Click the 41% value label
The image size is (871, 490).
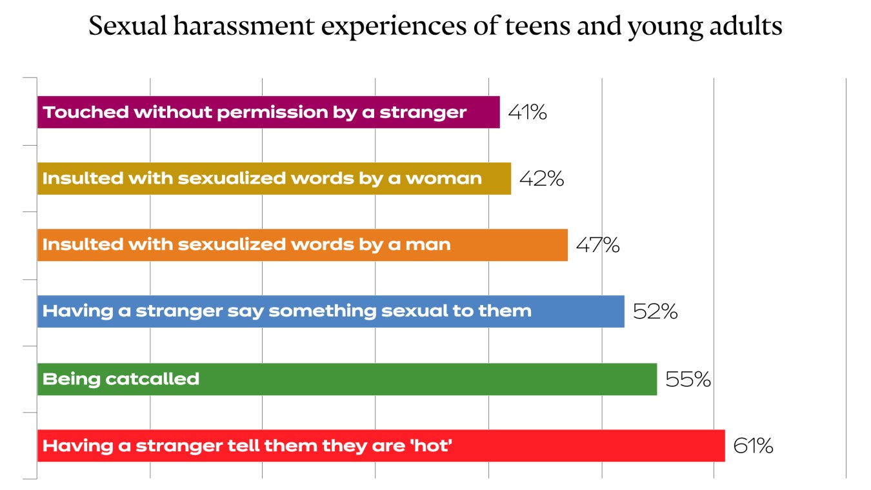(527, 113)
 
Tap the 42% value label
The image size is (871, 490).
(542, 179)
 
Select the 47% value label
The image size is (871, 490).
(597, 245)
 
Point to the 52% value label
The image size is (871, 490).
(655, 312)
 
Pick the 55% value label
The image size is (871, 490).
(688, 379)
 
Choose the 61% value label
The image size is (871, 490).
(753, 446)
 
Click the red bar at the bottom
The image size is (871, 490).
(581, 446)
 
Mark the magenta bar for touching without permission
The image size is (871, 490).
(481, 113)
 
